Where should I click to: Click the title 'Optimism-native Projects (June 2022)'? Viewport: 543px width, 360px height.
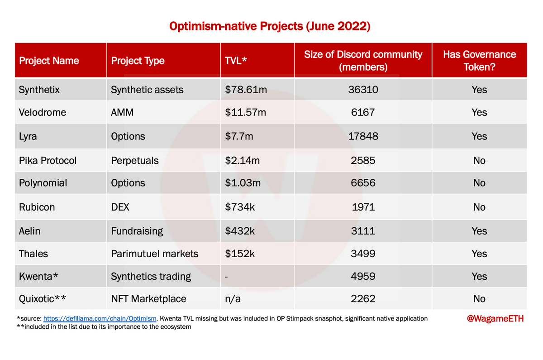pos(270,26)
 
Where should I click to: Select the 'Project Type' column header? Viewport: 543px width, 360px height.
pos(138,61)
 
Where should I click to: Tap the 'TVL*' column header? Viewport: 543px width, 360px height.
pos(235,61)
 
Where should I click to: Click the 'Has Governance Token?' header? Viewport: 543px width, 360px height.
pos(479,61)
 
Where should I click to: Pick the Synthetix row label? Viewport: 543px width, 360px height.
pos(39,90)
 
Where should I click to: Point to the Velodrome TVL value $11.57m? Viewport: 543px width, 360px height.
pos(246,112)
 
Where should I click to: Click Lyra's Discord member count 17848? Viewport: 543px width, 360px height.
pos(363,136)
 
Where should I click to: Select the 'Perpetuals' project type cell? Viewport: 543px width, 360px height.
pos(135,160)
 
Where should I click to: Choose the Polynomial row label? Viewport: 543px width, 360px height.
pos(43,183)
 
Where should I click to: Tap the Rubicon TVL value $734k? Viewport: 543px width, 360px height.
pos(240,207)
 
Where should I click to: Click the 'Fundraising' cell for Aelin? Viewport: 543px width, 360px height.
pos(137,231)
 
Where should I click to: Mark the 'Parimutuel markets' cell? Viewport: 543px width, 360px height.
pos(154,254)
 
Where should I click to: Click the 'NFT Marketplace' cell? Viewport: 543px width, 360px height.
pos(148,299)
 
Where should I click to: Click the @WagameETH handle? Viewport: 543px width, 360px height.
pos(495,319)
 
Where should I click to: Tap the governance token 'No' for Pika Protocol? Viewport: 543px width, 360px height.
pos(479,160)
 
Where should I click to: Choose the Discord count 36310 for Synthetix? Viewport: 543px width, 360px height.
pos(363,90)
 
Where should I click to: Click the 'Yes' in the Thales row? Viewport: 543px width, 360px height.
pos(479,254)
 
